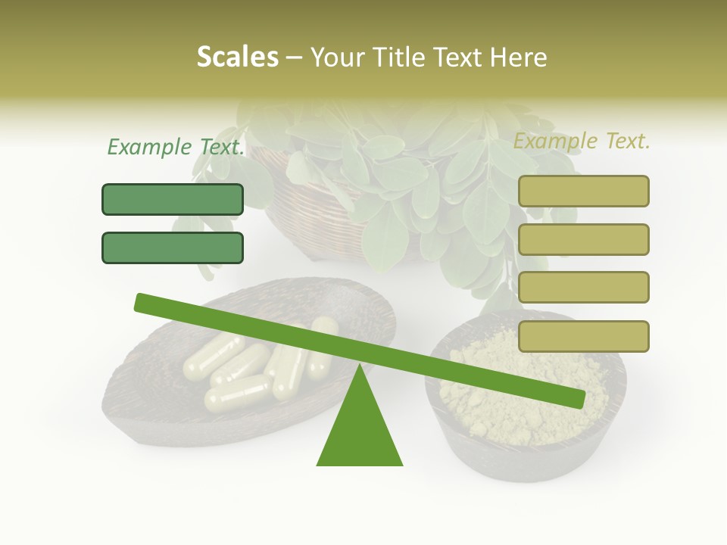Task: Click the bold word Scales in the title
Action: pos(237,58)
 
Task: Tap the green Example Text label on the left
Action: pos(176,147)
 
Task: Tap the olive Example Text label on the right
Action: pos(582,141)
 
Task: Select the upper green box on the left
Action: pos(173,199)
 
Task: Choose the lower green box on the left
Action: pos(173,248)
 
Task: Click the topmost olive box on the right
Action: pos(583,191)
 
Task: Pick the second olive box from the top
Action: pos(583,239)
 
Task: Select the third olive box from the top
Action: pos(583,287)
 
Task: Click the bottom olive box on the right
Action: pos(583,336)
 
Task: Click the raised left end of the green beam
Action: pos(144,303)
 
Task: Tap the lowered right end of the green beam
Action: pos(576,398)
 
